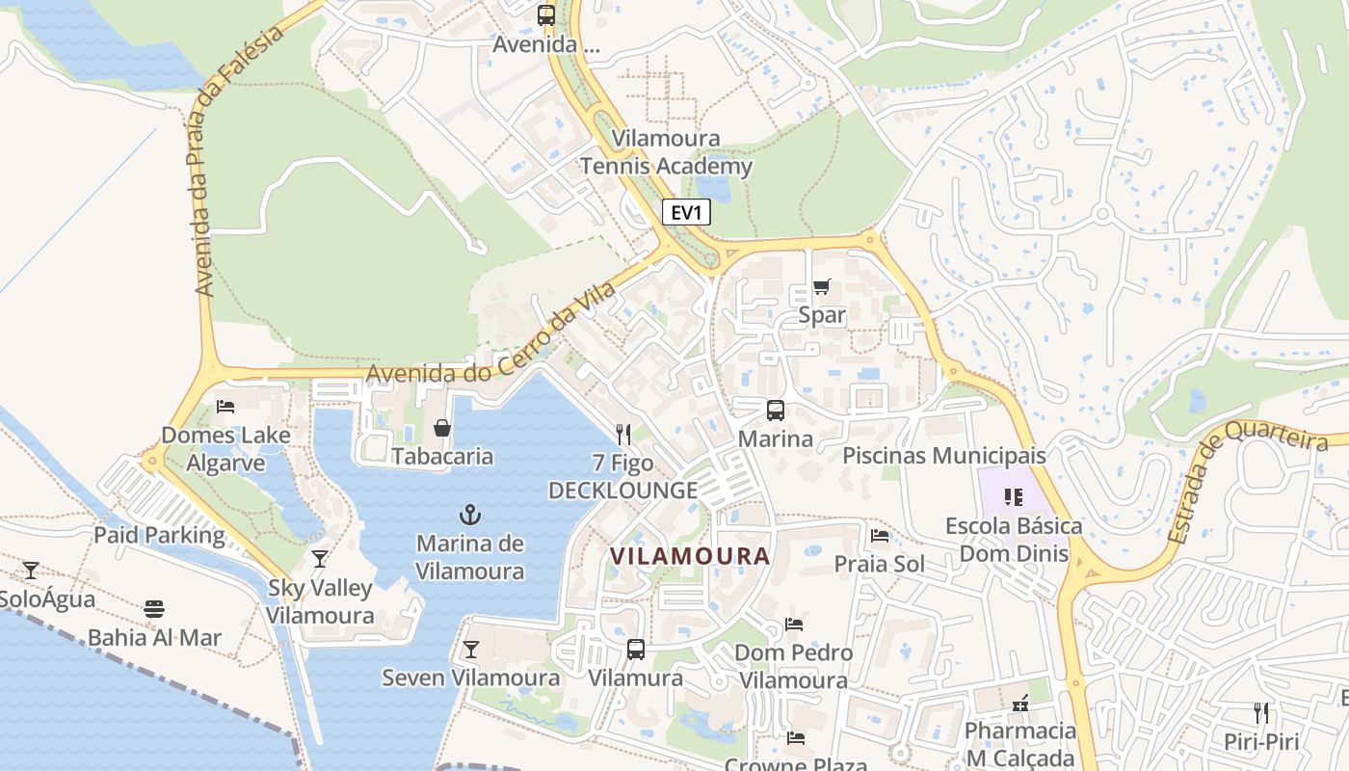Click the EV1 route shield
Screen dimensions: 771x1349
tap(686, 213)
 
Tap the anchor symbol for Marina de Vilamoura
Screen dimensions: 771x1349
tap(470, 515)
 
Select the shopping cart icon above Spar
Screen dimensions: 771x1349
tap(822, 286)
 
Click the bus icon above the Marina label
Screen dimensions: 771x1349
tap(776, 411)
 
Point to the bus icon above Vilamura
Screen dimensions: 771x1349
tap(636, 649)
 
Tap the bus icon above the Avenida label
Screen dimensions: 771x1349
tap(546, 15)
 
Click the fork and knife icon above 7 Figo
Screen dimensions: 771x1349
tap(623, 435)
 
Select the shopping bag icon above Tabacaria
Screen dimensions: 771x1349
tap(442, 428)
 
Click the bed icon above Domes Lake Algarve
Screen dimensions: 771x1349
tap(225, 406)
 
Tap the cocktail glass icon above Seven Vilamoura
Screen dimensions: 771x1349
tap(471, 649)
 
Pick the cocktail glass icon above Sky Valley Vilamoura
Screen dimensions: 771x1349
tap(320, 558)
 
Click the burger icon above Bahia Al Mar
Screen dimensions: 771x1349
tap(154, 608)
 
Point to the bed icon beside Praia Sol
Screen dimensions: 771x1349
tap(880, 535)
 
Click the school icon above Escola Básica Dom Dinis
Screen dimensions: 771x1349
tap(1013, 497)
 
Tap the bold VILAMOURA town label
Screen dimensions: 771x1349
tap(691, 556)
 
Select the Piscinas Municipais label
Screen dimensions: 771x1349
tap(944, 455)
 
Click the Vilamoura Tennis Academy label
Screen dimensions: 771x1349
tap(666, 152)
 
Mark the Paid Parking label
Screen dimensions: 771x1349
tap(159, 535)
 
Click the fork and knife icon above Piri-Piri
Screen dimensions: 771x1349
tap(1261, 713)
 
